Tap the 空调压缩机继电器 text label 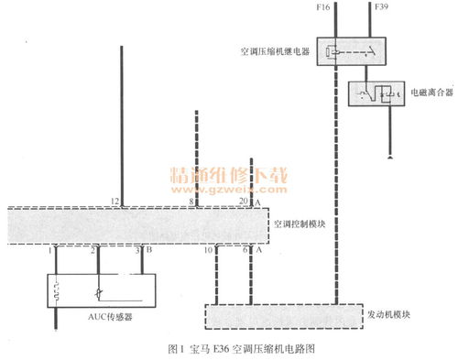[x=274, y=53]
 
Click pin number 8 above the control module [x=191, y=201]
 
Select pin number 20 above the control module [x=242, y=201]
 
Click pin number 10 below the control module [x=209, y=249]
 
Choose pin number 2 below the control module [x=93, y=249]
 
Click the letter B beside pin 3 [x=145, y=249]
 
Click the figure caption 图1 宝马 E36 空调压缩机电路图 [x=240, y=348]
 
